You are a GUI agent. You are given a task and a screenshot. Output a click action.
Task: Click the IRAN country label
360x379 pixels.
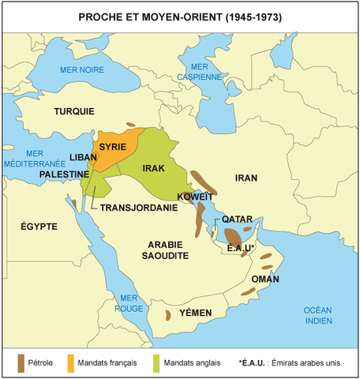[246, 179]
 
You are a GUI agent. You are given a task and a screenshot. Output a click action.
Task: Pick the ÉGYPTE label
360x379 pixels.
[39, 227]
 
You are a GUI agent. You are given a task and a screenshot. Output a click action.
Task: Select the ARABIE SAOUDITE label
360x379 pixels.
[165, 251]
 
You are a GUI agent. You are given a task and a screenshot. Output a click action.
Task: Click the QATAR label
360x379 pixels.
[237, 219]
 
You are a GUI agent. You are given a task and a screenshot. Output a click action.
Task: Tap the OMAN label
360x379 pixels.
[264, 280]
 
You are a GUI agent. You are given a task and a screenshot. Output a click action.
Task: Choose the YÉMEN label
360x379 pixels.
[196, 313]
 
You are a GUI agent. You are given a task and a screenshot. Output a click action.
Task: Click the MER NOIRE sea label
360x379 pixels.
[78, 70]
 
